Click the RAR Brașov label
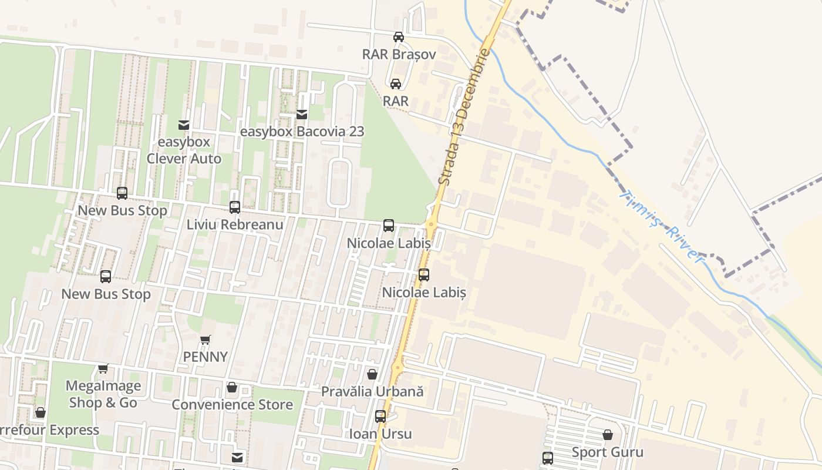pyautogui.click(x=399, y=54)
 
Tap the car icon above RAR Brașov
pyautogui.click(x=399, y=37)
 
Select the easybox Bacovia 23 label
pyautogui.click(x=302, y=131)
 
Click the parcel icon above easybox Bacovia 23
pyautogui.click(x=302, y=115)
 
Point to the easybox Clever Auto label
pyautogui.click(x=184, y=150)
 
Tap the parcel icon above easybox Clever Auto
pyautogui.click(x=184, y=125)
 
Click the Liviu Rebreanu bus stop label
pyautogui.click(x=235, y=224)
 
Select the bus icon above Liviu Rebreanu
pyautogui.click(x=235, y=207)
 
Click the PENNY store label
pyautogui.click(x=205, y=357)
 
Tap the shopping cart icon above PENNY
pyautogui.click(x=205, y=340)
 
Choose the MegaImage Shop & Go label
pyautogui.click(x=103, y=394)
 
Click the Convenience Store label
pyautogui.click(x=232, y=405)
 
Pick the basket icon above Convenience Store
pyautogui.click(x=232, y=388)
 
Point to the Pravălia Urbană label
pyautogui.click(x=372, y=391)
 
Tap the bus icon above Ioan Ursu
pyautogui.click(x=380, y=417)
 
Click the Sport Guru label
pyautogui.click(x=608, y=452)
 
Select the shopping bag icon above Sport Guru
pyautogui.click(x=608, y=435)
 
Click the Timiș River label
pyautogui.click(x=661, y=227)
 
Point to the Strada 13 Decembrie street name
pyautogui.click(x=464, y=117)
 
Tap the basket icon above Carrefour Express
pyautogui.click(x=41, y=412)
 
